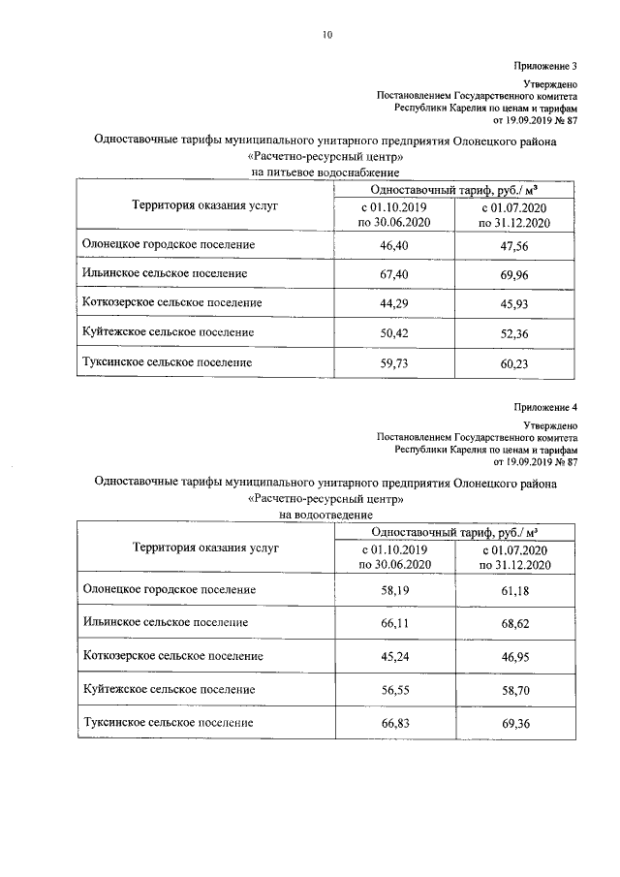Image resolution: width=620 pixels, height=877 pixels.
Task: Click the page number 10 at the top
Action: [327, 37]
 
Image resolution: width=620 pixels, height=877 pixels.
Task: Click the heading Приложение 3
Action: [545, 67]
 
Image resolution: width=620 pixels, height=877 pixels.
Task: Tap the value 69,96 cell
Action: [513, 274]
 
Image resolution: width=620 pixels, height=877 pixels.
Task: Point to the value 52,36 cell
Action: [513, 332]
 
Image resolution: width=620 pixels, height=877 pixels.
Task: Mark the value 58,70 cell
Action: [513, 690]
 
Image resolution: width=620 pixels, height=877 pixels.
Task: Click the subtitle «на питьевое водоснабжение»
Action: [312, 172]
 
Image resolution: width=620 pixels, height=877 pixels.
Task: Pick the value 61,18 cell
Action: [513, 589]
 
